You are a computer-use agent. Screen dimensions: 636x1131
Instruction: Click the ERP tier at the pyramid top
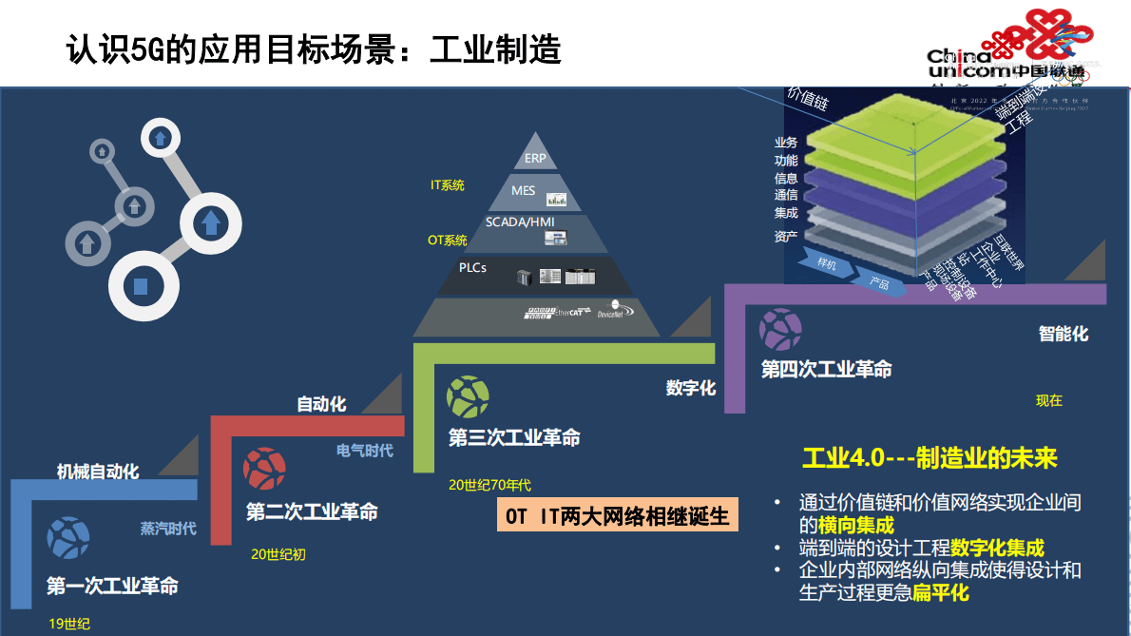(x=535, y=159)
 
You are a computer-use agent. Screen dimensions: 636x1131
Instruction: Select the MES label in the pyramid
(x=524, y=191)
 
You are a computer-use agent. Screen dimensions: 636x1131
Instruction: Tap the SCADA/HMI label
(x=520, y=222)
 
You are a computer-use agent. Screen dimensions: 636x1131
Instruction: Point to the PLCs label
(x=472, y=268)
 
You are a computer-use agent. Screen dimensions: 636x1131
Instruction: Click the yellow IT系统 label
(x=448, y=185)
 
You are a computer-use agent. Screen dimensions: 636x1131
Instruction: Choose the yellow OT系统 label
(x=448, y=241)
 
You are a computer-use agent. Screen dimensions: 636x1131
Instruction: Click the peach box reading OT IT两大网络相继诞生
(x=618, y=516)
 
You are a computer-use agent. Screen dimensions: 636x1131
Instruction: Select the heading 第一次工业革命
(x=112, y=586)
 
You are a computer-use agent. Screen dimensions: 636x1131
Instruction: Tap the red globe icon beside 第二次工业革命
(x=263, y=469)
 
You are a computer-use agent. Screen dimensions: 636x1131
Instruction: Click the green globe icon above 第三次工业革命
(x=468, y=397)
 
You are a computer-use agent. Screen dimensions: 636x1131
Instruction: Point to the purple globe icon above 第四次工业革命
(x=780, y=329)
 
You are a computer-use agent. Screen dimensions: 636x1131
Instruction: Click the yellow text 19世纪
(x=69, y=624)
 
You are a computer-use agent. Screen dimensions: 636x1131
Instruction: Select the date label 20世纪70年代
(x=489, y=485)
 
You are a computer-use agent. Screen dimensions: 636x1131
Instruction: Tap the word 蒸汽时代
(x=168, y=529)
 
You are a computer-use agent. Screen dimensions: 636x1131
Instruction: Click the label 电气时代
(x=364, y=451)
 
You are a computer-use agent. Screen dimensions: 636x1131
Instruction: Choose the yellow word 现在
(x=1048, y=401)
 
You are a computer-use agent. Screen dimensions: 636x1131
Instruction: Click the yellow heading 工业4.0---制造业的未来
(x=930, y=458)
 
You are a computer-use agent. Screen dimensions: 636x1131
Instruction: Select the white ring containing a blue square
(x=141, y=285)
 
